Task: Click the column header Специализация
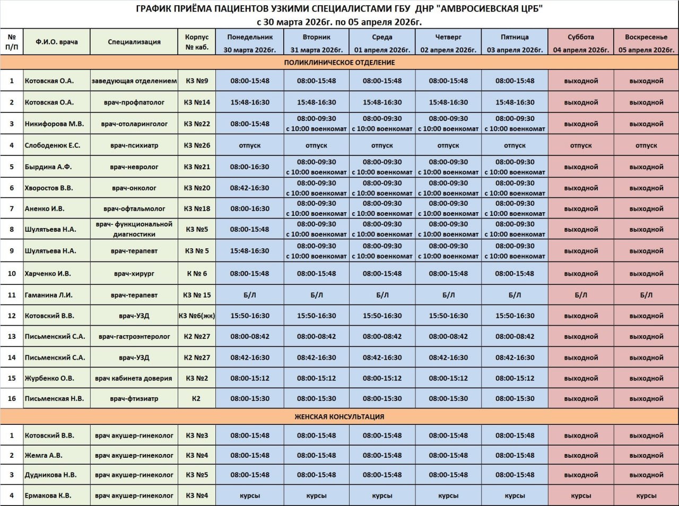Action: point(134,42)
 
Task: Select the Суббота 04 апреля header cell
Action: point(581,42)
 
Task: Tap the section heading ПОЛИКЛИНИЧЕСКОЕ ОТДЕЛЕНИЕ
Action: point(339,63)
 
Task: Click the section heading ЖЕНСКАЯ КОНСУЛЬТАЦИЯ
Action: point(339,417)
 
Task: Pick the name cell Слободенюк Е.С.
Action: point(53,145)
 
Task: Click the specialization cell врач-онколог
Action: point(134,188)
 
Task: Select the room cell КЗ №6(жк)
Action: point(197,316)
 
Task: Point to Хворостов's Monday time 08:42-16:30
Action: point(250,188)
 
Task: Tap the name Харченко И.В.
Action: point(48,274)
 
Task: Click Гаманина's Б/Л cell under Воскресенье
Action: point(646,295)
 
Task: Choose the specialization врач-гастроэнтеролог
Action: point(134,336)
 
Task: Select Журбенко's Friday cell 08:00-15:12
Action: point(515,378)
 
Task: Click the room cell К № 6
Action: point(197,274)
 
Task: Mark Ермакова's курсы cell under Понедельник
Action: point(250,496)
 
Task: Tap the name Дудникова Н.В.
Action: point(51,475)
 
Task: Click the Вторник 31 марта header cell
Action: point(317,42)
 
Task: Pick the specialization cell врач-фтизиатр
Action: point(134,398)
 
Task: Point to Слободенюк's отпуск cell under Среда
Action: point(382,145)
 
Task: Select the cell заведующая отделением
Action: point(134,81)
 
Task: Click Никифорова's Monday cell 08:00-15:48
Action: point(250,124)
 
